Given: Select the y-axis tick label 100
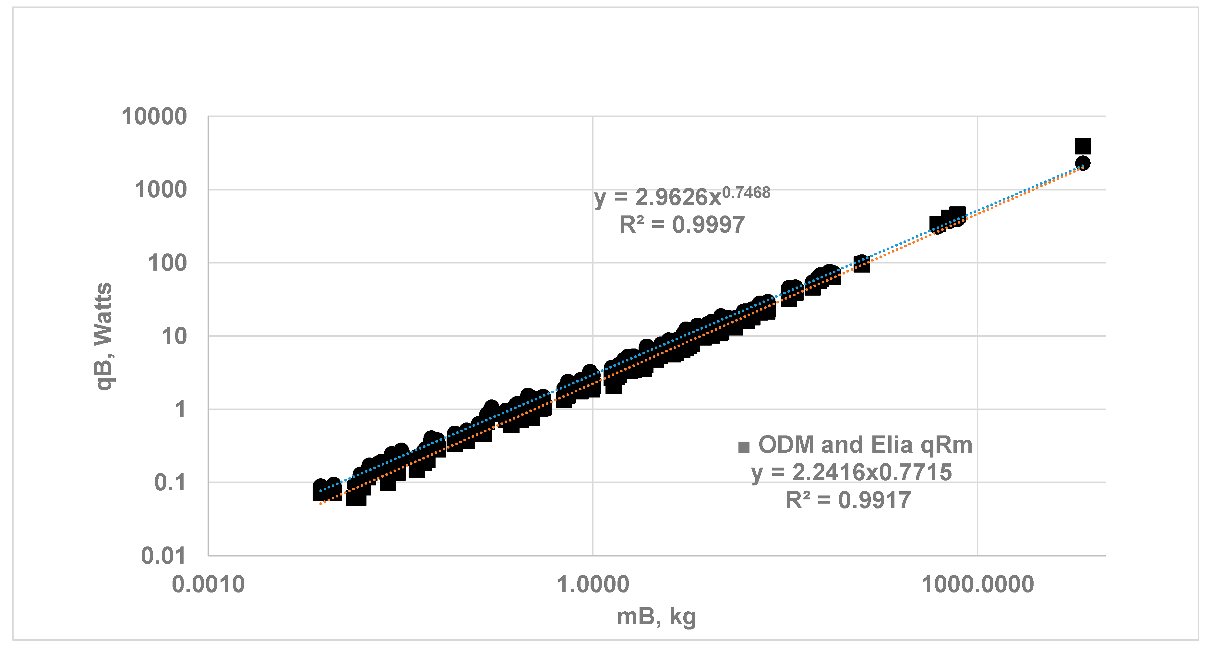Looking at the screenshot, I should [167, 263].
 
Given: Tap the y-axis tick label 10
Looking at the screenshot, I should [174, 336].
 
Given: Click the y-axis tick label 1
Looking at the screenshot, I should [180, 410].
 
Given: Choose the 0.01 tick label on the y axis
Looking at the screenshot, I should [164, 556].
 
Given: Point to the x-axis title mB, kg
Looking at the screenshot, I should [656, 617].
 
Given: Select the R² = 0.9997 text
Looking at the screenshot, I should [682, 225].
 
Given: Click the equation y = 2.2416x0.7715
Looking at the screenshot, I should [851, 472].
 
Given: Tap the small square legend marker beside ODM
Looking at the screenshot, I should [744, 447].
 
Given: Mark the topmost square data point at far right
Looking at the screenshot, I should [1083, 146].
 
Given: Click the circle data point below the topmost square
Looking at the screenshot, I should [1083, 164].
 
